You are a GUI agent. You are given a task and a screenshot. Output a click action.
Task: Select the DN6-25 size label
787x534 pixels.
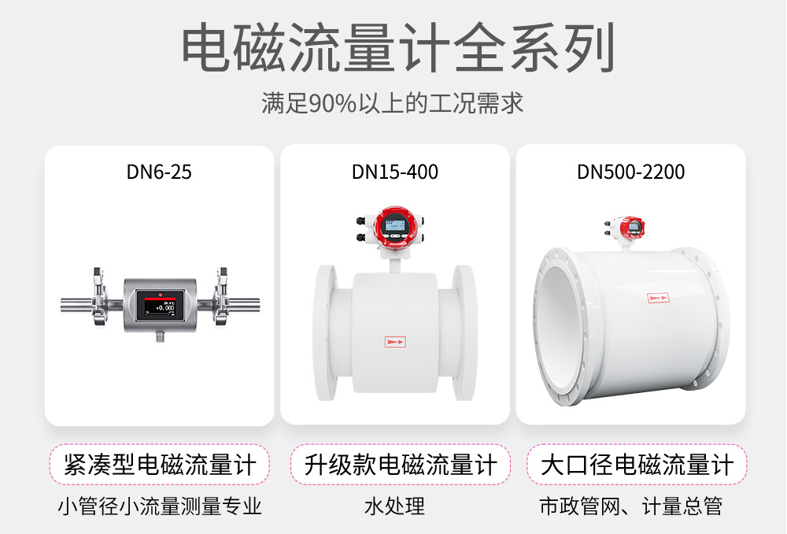coord(159,171)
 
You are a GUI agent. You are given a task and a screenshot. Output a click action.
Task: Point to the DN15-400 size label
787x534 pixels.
coord(395,171)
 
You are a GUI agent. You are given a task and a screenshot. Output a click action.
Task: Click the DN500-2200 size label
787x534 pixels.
coord(631,171)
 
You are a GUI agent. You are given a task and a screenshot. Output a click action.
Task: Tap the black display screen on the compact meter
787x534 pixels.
coord(159,305)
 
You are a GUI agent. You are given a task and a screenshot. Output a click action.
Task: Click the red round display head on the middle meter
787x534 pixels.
coord(393,224)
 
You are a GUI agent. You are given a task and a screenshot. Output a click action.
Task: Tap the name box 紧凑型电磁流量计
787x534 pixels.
coord(160,465)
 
